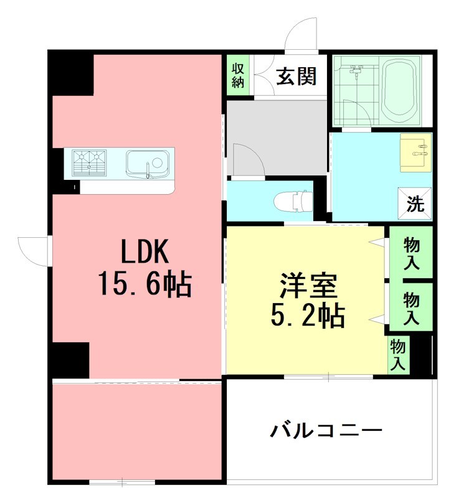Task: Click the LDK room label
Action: pyautogui.click(x=145, y=253)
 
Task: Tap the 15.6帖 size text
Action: pyautogui.click(x=144, y=284)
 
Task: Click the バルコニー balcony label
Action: pyautogui.click(x=326, y=430)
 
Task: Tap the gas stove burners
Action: pyautogui.click(x=89, y=163)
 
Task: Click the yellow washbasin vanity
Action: pyautogui.click(x=415, y=151)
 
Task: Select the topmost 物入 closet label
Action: pyautogui.click(x=411, y=252)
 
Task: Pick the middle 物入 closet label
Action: pyautogui.click(x=411, y=308)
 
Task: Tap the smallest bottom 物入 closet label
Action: pyautogui.click(x=397, y=355)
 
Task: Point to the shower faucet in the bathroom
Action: pyautogui.click(x=356, y=72)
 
